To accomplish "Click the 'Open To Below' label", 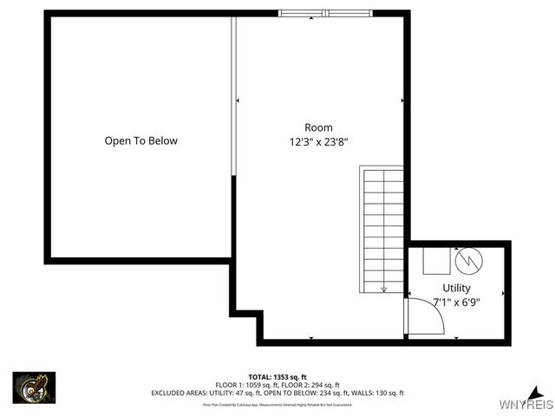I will coord(141,140).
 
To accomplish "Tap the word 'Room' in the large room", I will coord(318,127).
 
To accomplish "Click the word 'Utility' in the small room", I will coord(456,288).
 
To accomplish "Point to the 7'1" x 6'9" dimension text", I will coord(456,302).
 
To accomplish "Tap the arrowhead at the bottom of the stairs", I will coord(384,289).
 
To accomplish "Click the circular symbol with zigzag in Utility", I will coord(467,258).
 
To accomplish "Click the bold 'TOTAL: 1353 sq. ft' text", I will coord(277,377).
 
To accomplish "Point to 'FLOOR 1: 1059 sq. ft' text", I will coord(248,385).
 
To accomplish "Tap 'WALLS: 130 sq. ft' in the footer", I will coord(380,393).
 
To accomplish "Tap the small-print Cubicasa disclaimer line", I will coord(277,404).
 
